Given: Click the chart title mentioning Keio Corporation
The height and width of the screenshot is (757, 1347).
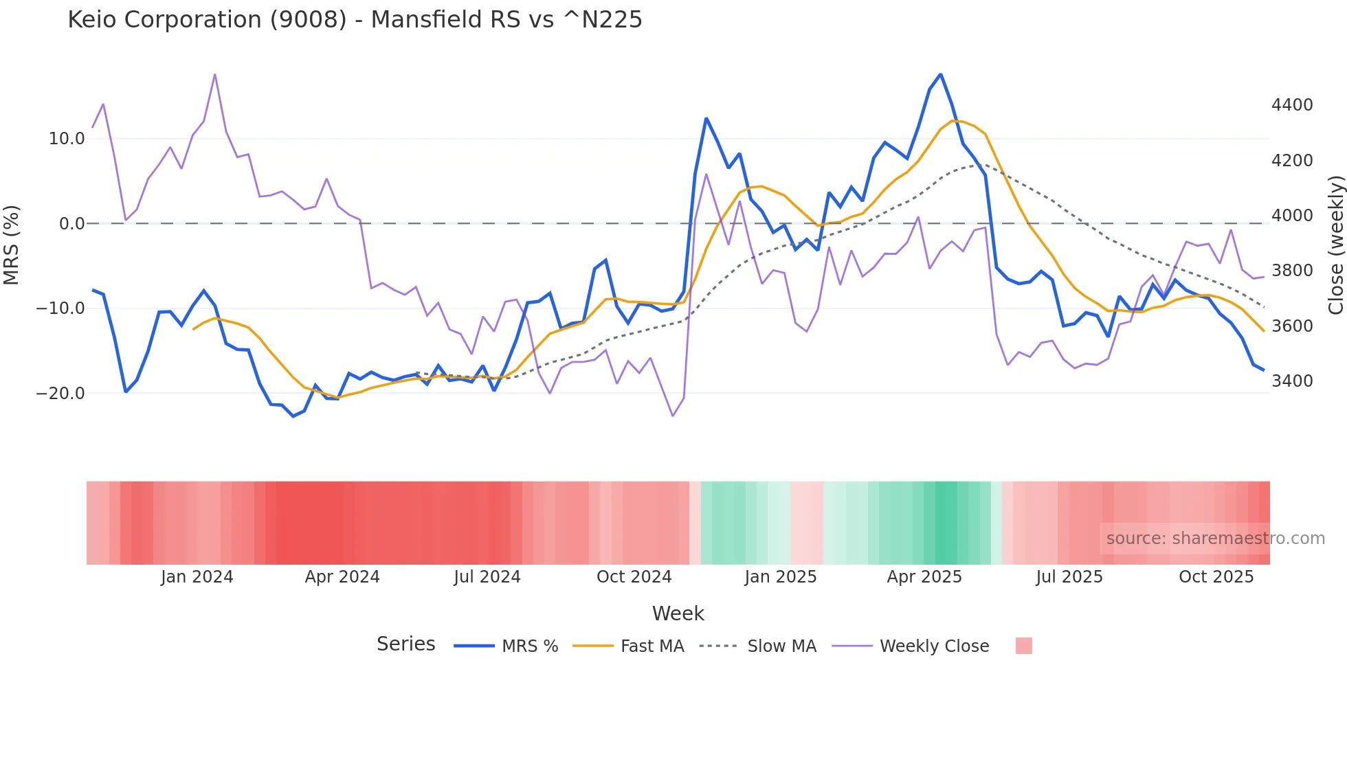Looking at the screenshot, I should point(355,20).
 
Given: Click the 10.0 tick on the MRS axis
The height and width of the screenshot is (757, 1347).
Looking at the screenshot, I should point(66,139).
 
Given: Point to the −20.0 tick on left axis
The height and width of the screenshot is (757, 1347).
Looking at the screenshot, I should point(60,394).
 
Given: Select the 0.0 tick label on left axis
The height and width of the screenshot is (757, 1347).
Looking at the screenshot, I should point(71,224).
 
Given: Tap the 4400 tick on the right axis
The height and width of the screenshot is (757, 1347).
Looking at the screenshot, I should point(1292,105).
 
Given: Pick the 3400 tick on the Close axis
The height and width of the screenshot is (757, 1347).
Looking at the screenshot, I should point(1292,381).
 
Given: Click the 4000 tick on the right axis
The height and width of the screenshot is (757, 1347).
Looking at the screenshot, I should point(1292,216).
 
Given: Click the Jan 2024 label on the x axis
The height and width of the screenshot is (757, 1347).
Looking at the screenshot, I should point(197,577).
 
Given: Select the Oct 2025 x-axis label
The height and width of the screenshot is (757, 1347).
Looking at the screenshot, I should point(1216,577).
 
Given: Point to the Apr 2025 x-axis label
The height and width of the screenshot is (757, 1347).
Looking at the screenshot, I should point(924,577).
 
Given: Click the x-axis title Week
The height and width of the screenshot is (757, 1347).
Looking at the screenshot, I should point(678,613).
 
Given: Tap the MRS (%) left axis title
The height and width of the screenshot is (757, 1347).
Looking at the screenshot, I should point(12,245).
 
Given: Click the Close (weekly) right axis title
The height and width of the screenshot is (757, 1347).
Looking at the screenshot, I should point(1335,245).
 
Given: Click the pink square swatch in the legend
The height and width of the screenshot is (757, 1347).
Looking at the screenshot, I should point(1023,646).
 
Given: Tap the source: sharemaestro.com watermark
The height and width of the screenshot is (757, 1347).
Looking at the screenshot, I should point(1215,539).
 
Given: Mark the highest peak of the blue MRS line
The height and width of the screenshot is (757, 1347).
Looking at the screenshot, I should point(940,75).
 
